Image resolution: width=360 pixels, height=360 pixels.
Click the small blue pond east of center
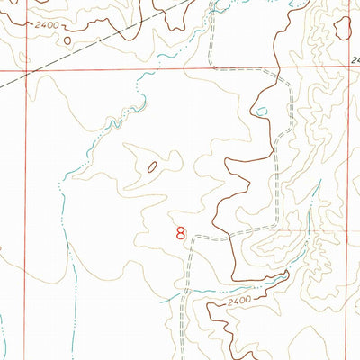(x=261, y=112)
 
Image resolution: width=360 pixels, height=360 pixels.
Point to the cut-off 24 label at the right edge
(x=355, y=60)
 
